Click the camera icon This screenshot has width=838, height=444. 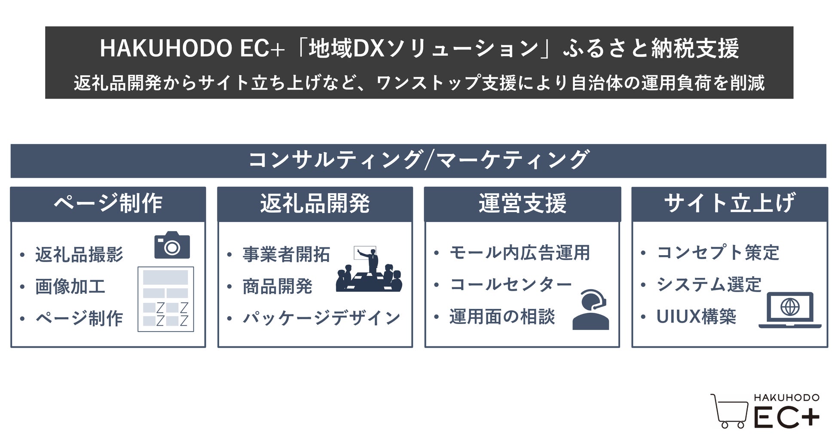coord(172,245)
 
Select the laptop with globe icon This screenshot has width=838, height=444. coord(790,310)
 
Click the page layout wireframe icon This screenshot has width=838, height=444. coord(165,299)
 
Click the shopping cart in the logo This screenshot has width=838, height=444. coord(730,411)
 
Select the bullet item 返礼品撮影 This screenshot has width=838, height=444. coord(79,254)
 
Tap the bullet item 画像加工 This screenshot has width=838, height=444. coord(70,287)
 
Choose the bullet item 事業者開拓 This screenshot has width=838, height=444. coord(286,254)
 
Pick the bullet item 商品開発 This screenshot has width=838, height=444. coord(277,287)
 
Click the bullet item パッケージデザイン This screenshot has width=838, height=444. coord(321,318)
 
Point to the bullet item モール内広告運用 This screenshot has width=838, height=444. coord(520,253)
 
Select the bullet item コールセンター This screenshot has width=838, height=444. coord(511,284)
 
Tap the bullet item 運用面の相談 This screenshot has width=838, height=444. coord(502,317)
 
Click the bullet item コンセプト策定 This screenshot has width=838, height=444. coord(718,253)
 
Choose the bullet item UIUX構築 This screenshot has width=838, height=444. coord(696,317)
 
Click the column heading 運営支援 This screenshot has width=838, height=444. coord(522,203)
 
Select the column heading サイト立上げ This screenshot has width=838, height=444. coord(729,203)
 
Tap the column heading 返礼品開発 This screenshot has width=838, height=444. coord(315,203)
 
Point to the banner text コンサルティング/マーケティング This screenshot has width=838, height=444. coord(418,160)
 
